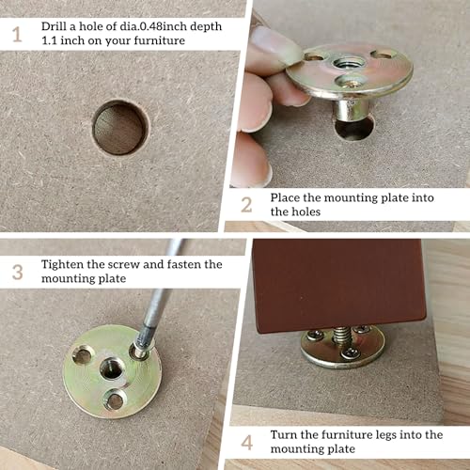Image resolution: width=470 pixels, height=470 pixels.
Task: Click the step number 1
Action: click(x=17, y=34)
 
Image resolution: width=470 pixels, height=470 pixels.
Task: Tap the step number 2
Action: click(x=246, y=205)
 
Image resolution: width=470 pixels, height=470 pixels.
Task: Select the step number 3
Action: click(x=18, y=272)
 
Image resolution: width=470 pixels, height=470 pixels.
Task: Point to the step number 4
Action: click(x=247, y=443)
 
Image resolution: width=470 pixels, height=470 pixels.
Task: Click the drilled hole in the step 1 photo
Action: click(x=120, y=128)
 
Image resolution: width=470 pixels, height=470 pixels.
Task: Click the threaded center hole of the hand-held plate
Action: click(x=346, y=64)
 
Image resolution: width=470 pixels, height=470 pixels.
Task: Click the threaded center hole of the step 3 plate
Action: click(x=112, y=368)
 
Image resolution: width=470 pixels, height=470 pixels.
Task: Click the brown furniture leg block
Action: click(x=339, y=284)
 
